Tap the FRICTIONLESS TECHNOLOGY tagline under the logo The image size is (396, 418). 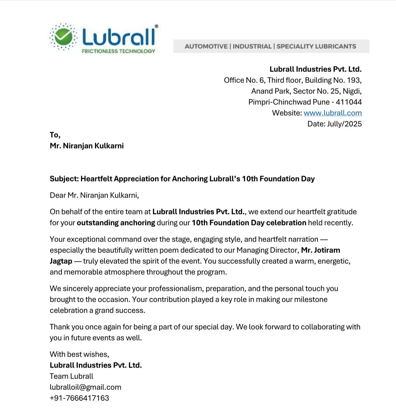point(118,51)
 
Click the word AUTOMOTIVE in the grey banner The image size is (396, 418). point(206,46)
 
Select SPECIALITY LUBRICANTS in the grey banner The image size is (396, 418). point(316,46)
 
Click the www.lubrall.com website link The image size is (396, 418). point(333,113)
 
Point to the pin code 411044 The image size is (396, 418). point(349,102)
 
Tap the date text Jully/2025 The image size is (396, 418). point(344,124)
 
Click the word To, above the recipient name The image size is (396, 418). point(55,135)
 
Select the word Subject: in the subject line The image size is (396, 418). point(64,179)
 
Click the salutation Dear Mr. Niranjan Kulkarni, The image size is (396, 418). point(94,195)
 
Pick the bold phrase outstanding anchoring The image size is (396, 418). point(116,223)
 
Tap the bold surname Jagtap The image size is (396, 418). point(61,261)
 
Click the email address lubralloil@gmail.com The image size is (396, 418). point(85,387)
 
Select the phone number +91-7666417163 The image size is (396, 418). point(79,398)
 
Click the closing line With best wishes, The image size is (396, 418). point(79,354)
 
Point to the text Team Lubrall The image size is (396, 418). point(71,376)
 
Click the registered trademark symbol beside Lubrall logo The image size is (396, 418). point(157,26)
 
